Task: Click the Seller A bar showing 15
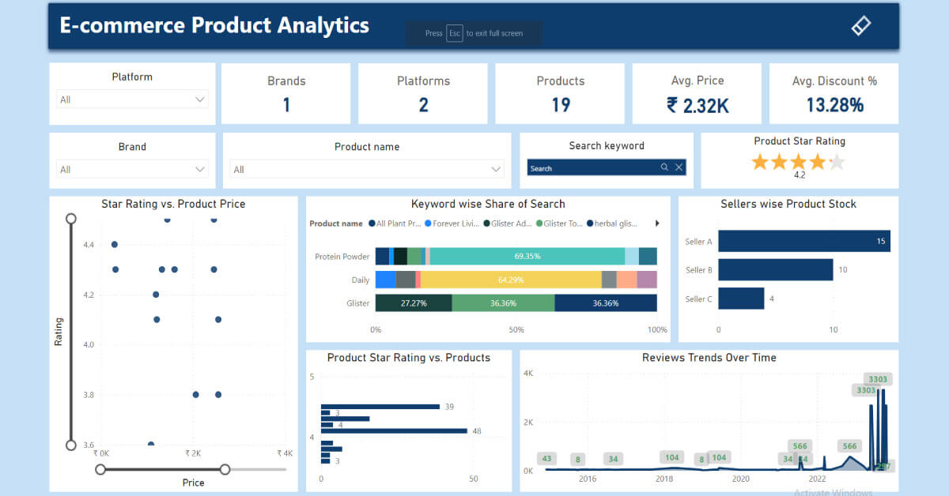pos(803,242)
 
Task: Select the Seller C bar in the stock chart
pos(741,299)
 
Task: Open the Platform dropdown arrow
pos(200,100)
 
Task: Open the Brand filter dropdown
pos(200,169)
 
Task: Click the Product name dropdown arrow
pos(496,169)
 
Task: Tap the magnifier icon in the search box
pos(665,167)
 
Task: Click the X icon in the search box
pos(679,167)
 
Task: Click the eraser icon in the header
pos(860,25)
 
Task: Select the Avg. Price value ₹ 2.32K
pos(697,105)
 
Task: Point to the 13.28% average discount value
pos(834,105)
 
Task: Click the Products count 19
pos(561,105)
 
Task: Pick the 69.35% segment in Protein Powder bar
pos(527,256)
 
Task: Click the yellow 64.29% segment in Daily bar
pos(511,280)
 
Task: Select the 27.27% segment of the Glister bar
pos(413,303)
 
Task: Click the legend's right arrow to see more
pos(657,224)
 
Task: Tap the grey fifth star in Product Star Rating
pos(837,163)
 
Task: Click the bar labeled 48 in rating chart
pos(394,430)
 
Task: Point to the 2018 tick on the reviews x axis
pos(664,479)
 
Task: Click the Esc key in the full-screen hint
pos(454,33)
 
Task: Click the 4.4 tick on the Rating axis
pos(89,245)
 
